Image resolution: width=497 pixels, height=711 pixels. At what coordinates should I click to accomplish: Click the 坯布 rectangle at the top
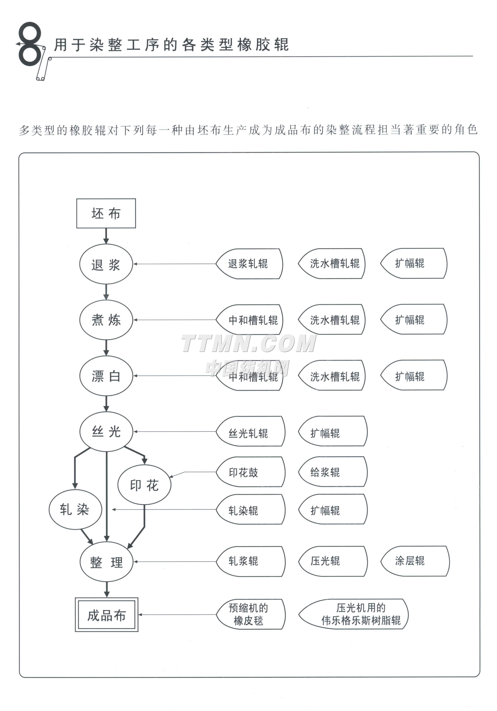coord(106,213)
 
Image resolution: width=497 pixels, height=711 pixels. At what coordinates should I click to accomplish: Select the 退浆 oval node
coord(106,264)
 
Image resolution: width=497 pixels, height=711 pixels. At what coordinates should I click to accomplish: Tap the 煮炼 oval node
coord(106,320)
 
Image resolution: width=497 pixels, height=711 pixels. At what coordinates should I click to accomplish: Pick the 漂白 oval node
coord(106,376)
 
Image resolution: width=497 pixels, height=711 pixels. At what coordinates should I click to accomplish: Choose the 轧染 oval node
coord(75,509)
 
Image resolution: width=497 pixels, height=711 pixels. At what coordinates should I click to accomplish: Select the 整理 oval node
coord(106,562)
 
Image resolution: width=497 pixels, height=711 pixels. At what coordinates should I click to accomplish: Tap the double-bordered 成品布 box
coord(107,615)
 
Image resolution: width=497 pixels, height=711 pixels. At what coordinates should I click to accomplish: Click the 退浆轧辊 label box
coord(249,264)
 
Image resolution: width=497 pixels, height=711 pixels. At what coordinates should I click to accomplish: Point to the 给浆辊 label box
coord(332,472)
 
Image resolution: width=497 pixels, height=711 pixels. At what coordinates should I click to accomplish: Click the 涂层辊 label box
coord(415,561)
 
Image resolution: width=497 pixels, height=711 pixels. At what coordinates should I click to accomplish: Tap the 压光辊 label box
coord(332,561)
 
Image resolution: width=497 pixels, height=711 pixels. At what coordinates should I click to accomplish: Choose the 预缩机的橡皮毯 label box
coord(250,614)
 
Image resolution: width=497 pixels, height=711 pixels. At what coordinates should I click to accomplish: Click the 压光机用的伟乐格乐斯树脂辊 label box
coord(353,614)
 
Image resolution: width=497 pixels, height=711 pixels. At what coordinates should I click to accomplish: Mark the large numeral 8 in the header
coord(29,44)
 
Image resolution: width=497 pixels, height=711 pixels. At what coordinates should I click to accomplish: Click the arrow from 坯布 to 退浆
coord(106,236)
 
